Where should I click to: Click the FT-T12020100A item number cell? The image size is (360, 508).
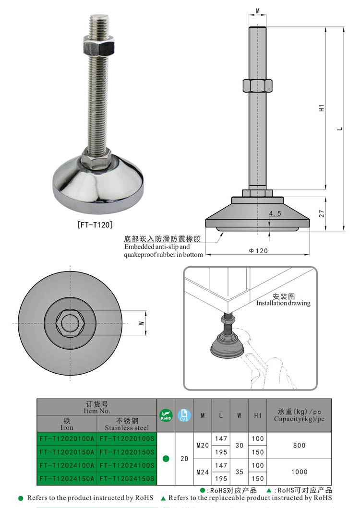tap(67, 439)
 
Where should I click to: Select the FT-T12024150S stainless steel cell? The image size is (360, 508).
tap(127, 478)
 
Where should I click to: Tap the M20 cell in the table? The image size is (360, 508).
tap(203, 446)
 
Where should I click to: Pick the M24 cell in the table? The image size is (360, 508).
tap(203, 472)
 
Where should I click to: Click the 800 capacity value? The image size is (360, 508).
tap(299, 446)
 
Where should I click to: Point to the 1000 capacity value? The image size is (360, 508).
tap(299, 472)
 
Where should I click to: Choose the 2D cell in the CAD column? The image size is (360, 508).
tap(184, 459)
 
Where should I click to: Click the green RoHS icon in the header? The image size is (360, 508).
tap(166, 415)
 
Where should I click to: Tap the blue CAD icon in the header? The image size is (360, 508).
tap(184, 415)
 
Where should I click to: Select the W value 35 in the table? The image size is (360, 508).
tap(239, 472)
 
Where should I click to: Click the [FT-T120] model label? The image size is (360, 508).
tap(95, 224)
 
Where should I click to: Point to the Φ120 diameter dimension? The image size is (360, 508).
tap(258, 251)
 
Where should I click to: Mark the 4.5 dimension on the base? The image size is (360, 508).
tap(275, 213)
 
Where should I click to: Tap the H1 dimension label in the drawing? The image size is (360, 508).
tap(322, 108)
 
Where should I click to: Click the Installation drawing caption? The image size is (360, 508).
tap(283, 303)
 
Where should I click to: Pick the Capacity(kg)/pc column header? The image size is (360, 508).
tap(299, 415)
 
